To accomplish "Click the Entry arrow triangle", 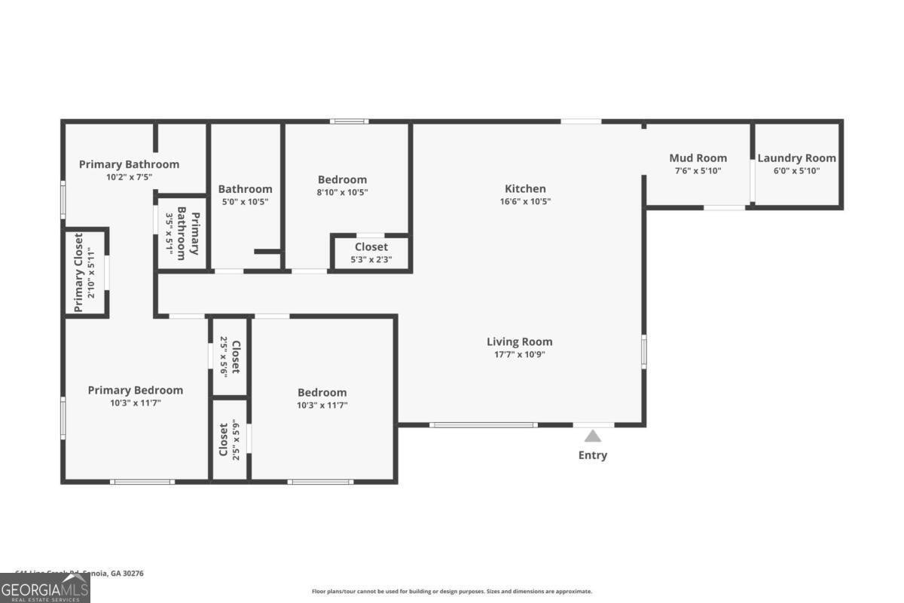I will tap(593, 436).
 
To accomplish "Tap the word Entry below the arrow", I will tap(592, 455).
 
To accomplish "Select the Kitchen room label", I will tap(525, 188).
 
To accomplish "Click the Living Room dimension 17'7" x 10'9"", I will tap(519, 354).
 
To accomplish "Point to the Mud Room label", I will tap(698, 158).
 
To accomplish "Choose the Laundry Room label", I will tap(796, 158).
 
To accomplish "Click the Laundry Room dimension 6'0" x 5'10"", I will tap(796, 171).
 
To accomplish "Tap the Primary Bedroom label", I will tap(136, 390).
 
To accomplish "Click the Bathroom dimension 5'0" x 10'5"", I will tap(245, 202).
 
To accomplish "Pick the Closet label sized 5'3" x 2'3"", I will tap(371, 246).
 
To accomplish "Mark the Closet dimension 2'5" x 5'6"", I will tap(223, 357).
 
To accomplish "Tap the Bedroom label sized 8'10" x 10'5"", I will tap(342, 179).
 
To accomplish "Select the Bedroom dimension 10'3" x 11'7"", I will tap(322, 405).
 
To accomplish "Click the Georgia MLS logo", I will tap(45, 588).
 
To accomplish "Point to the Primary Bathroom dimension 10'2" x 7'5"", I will tap(129, 177).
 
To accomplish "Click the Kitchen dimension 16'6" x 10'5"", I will tap(525, 201).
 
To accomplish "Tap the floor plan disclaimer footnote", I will tap(452, 592).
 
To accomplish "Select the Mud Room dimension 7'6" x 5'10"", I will tap(698, 171).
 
